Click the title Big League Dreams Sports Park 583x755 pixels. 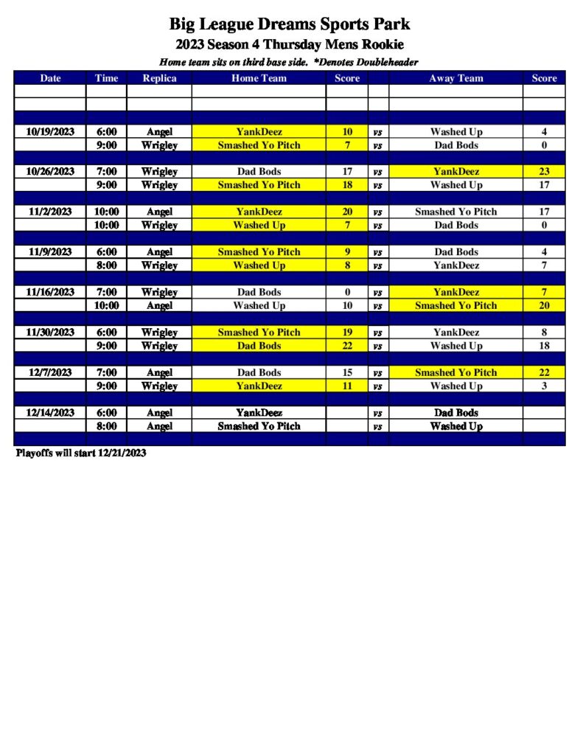pos(290,25)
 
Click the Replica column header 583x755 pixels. pos(159,78)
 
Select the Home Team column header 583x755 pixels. pos(259,78)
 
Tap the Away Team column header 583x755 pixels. pos(456,78)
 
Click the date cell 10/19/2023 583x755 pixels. pos(50,132)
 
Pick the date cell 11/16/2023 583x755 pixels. pos(50,292)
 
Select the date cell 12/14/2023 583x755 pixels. pos(50,413)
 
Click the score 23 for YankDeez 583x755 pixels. pos(544,172)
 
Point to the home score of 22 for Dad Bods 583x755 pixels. pos(347,346)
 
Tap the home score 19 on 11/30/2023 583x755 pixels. pos(347,333)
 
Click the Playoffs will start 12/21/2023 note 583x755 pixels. pos(81,453)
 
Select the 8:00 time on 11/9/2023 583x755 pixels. pos(106,265)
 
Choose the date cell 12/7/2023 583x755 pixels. pos(50,372)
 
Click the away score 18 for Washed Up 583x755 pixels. pos(544,346)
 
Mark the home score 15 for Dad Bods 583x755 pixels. pos(347,372)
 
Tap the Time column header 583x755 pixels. pos(106,78)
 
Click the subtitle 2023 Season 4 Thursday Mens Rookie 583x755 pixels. pos(290,45)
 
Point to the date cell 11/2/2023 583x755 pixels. pos(50,212)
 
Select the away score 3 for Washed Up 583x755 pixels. pos(544,386)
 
